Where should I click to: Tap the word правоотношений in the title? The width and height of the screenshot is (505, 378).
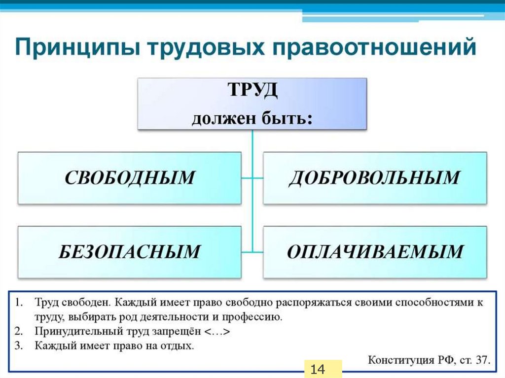click(377, 49)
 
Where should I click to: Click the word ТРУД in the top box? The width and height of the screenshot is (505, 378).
click(252, 92)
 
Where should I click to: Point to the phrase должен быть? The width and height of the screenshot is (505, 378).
click(252, 119)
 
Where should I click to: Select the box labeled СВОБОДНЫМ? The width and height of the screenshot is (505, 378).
click(130, 178)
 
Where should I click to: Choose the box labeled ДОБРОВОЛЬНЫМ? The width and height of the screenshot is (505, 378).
click(374, 178)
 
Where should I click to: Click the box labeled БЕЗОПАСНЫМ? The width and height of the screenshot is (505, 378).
click(130, 251)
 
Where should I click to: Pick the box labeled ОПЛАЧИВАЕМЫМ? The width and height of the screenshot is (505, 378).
click(374, 251)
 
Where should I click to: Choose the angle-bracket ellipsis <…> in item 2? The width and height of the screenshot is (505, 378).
click(217, 331)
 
